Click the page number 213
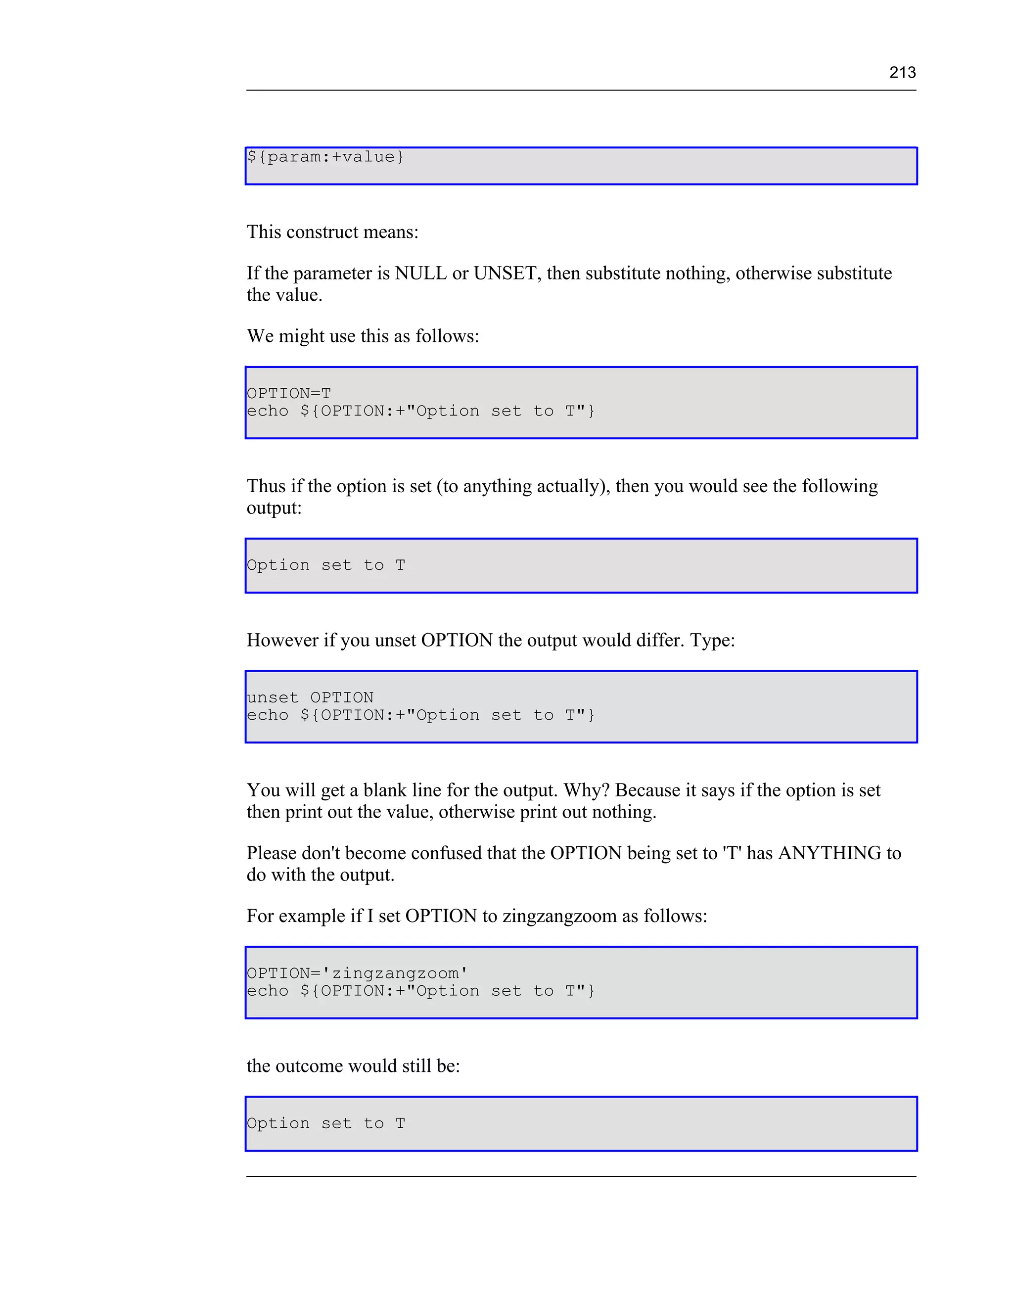pyautogui.click(x=902, y=72)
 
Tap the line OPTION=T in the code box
pyautogui.click(x=289, y=393)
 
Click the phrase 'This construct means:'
pyautogui.click(x=333, y=232)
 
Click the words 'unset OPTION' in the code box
pyautogui.click(x=310, y=697)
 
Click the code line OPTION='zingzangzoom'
pyautogui.click(x=357, y=973)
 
